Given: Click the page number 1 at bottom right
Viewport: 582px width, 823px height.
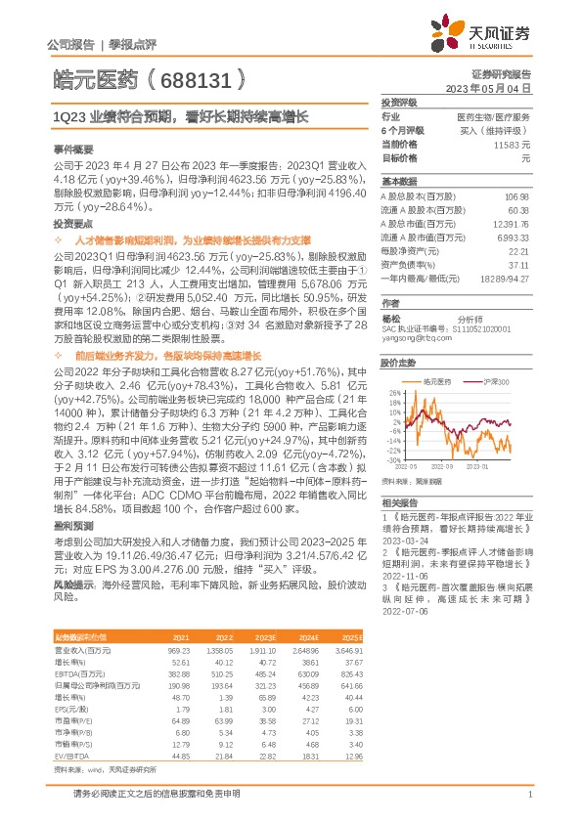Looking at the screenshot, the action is click(528, 795).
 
